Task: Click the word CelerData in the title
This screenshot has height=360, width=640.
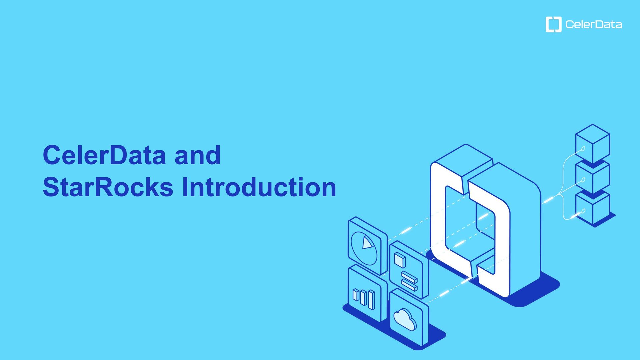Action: (x=104, y=155)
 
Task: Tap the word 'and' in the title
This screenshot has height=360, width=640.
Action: (x=197, y=155)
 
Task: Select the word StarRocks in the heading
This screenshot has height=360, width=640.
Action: (x=108, y=187)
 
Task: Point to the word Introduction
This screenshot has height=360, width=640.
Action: (x=259, y=187)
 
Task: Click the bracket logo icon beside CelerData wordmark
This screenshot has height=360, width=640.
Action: (x=553, y=24)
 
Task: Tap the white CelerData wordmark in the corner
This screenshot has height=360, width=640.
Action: (x=593, y=24)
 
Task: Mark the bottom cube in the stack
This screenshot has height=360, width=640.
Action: (x=593, y=208)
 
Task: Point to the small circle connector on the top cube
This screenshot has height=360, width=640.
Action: (x=583, y=149)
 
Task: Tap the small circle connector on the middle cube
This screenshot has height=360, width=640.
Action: (x=583, y=180)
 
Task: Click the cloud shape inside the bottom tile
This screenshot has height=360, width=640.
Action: (x=405, y=319)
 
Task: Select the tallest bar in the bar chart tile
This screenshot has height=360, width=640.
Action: (x=371, y=300)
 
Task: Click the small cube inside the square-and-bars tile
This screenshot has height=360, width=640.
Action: (x=400, y=260)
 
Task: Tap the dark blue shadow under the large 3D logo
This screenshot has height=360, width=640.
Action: (x=533, y=293)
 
